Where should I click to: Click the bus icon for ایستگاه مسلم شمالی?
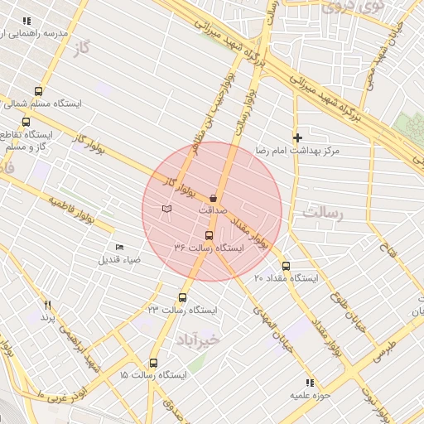pos(38,92)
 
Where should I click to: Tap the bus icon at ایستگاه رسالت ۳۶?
pos(208,235)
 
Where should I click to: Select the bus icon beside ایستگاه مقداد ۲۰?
pos(286,266)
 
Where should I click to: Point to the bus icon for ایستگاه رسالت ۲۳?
pos(183,297)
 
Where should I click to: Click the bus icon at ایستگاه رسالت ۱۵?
pos(153,363)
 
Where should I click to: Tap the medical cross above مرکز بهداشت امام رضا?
pos(298,137)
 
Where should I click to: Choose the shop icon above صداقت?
pos(214,198)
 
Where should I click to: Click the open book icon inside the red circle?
pos(167,209)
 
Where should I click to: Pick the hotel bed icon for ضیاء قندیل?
pos(120,247)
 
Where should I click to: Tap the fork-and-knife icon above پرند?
pos(48,305)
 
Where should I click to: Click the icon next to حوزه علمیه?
pos(310,383)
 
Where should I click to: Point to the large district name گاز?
pos(81,51)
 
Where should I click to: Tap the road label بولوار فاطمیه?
pos(80,211)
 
